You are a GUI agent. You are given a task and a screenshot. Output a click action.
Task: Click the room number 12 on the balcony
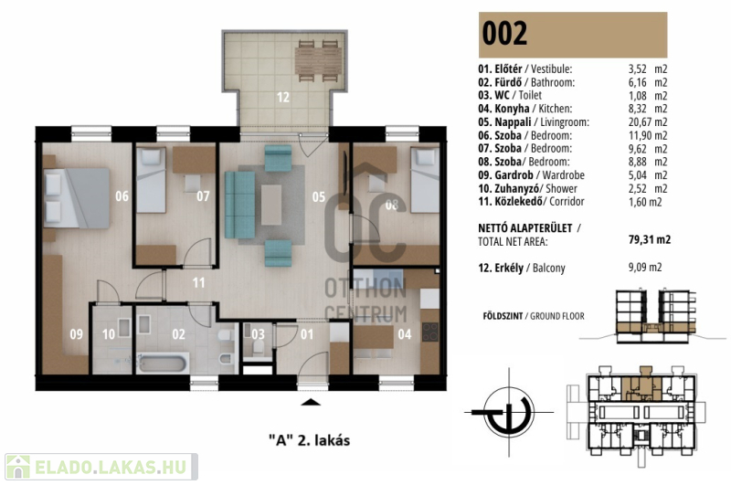point(283,97)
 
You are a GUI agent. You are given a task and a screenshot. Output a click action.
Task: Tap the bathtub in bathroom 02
point(164,363)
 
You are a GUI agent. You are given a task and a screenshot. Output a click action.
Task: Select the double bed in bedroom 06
point(77,198)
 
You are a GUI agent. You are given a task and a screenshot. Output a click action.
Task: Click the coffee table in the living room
point(270,205)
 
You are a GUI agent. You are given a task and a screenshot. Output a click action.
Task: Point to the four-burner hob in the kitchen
point(429,332)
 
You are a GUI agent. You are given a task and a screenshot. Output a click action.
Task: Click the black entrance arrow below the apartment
point(311,403)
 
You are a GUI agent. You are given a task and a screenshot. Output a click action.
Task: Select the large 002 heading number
point(504,33)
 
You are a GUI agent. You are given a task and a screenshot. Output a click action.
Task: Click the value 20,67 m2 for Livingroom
point(648,122)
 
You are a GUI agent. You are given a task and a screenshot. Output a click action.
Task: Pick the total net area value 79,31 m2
point(650,239)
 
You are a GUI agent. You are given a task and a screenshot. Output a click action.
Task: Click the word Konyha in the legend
point(512,109)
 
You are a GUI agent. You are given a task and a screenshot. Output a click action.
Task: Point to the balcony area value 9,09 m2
point(645,267)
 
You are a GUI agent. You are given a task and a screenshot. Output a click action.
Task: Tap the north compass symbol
point(509,412)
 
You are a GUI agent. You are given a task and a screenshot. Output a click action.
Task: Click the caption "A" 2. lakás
point(309,440)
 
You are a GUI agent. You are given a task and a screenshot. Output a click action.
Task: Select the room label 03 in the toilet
point(258,334)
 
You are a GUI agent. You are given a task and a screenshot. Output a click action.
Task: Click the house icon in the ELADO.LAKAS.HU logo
point(18,467)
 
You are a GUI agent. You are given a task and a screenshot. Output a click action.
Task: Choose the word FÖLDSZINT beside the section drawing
point(503,316)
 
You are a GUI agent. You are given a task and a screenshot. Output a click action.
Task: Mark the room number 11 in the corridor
point(198,282)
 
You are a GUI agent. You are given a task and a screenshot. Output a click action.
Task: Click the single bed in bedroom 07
point(151,180)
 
